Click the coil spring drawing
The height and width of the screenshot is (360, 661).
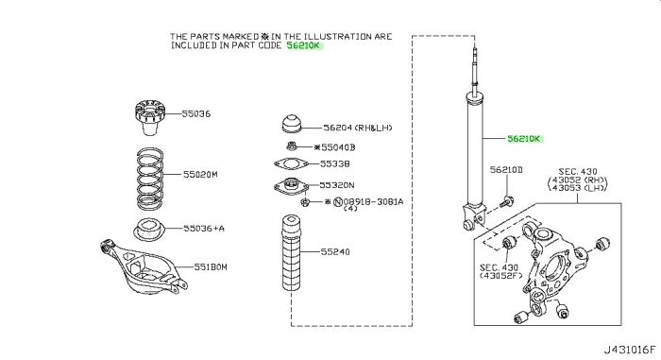150,178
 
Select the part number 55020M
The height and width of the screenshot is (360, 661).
200,174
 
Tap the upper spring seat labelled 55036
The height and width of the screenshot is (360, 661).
149,117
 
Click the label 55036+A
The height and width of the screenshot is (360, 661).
204,229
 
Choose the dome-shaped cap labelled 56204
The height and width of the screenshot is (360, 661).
292,124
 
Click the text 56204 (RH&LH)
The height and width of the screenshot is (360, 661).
358,128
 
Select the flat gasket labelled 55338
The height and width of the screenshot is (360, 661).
291,163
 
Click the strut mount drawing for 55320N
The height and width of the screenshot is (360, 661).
291,186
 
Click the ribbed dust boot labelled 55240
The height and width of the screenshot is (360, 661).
291,252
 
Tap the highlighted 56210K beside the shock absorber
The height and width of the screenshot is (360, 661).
523,139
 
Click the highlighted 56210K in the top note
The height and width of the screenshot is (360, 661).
303,45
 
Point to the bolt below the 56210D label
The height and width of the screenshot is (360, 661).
505,202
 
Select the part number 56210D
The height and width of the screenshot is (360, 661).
506,170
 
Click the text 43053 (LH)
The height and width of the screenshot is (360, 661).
577,188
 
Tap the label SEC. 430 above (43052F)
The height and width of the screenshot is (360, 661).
500,267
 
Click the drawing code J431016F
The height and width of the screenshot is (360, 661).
630,350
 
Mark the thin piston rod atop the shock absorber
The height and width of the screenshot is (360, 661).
475,71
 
